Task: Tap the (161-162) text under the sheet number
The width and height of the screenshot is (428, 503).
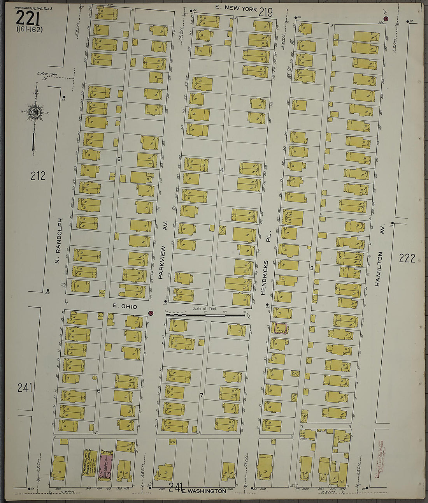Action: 30,29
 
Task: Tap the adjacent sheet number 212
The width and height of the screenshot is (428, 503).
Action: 38,176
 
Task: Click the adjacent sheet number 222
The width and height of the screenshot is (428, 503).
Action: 407,258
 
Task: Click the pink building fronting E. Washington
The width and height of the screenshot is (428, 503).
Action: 106,465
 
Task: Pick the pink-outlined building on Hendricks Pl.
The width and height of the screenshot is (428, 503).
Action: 280,329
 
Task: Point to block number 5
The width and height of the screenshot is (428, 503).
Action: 119,159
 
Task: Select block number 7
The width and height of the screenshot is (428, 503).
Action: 201,396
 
